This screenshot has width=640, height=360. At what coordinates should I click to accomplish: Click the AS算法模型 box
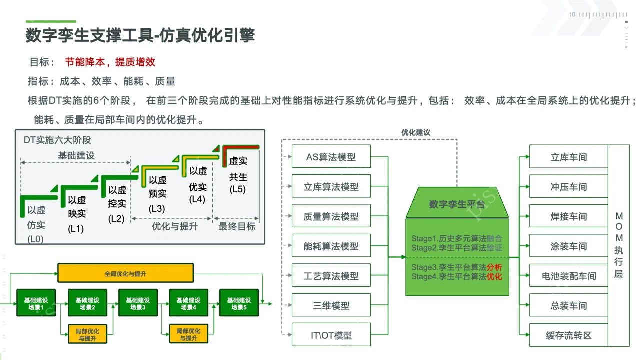click(x=331, y=157)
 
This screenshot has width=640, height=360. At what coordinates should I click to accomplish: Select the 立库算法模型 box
click(x=331, y=187)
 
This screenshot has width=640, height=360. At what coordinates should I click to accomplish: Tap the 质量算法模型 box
click(x=331, y=216)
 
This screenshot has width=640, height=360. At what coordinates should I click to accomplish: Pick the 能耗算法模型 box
click(x=331, y=246)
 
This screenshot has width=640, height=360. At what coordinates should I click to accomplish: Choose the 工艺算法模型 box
click(x=331, y=276)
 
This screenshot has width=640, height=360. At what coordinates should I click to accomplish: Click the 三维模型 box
click(x=331, y=306)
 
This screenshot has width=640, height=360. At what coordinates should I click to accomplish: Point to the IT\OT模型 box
click(x=331, y=335)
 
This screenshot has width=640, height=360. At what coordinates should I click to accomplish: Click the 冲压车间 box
click(x=568, y=187)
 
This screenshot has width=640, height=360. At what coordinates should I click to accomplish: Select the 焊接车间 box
click(x=568, y=216)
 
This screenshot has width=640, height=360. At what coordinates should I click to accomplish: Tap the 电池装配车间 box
click(x=568, y=276)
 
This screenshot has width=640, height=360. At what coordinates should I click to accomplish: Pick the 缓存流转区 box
click(x=568, y=335)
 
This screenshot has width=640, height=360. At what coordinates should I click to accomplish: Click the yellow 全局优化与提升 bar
click(x=125, y=274)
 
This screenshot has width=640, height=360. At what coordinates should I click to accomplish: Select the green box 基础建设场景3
click(x=138, y=303)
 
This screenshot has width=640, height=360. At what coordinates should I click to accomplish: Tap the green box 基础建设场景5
click(x=239, y=303)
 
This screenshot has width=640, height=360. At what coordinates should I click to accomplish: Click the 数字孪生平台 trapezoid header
click(x=457, y=204)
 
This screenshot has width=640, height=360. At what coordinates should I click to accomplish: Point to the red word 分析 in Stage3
click(x=494, y=267)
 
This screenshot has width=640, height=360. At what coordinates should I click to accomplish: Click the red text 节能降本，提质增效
click(x=110, y=62)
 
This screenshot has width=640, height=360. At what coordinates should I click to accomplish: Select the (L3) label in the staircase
click(x=157, y=209)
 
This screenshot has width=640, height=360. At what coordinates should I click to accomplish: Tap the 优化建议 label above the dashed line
click(x=416, y=133)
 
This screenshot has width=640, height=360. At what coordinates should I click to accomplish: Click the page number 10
click(x=572, y=15)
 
